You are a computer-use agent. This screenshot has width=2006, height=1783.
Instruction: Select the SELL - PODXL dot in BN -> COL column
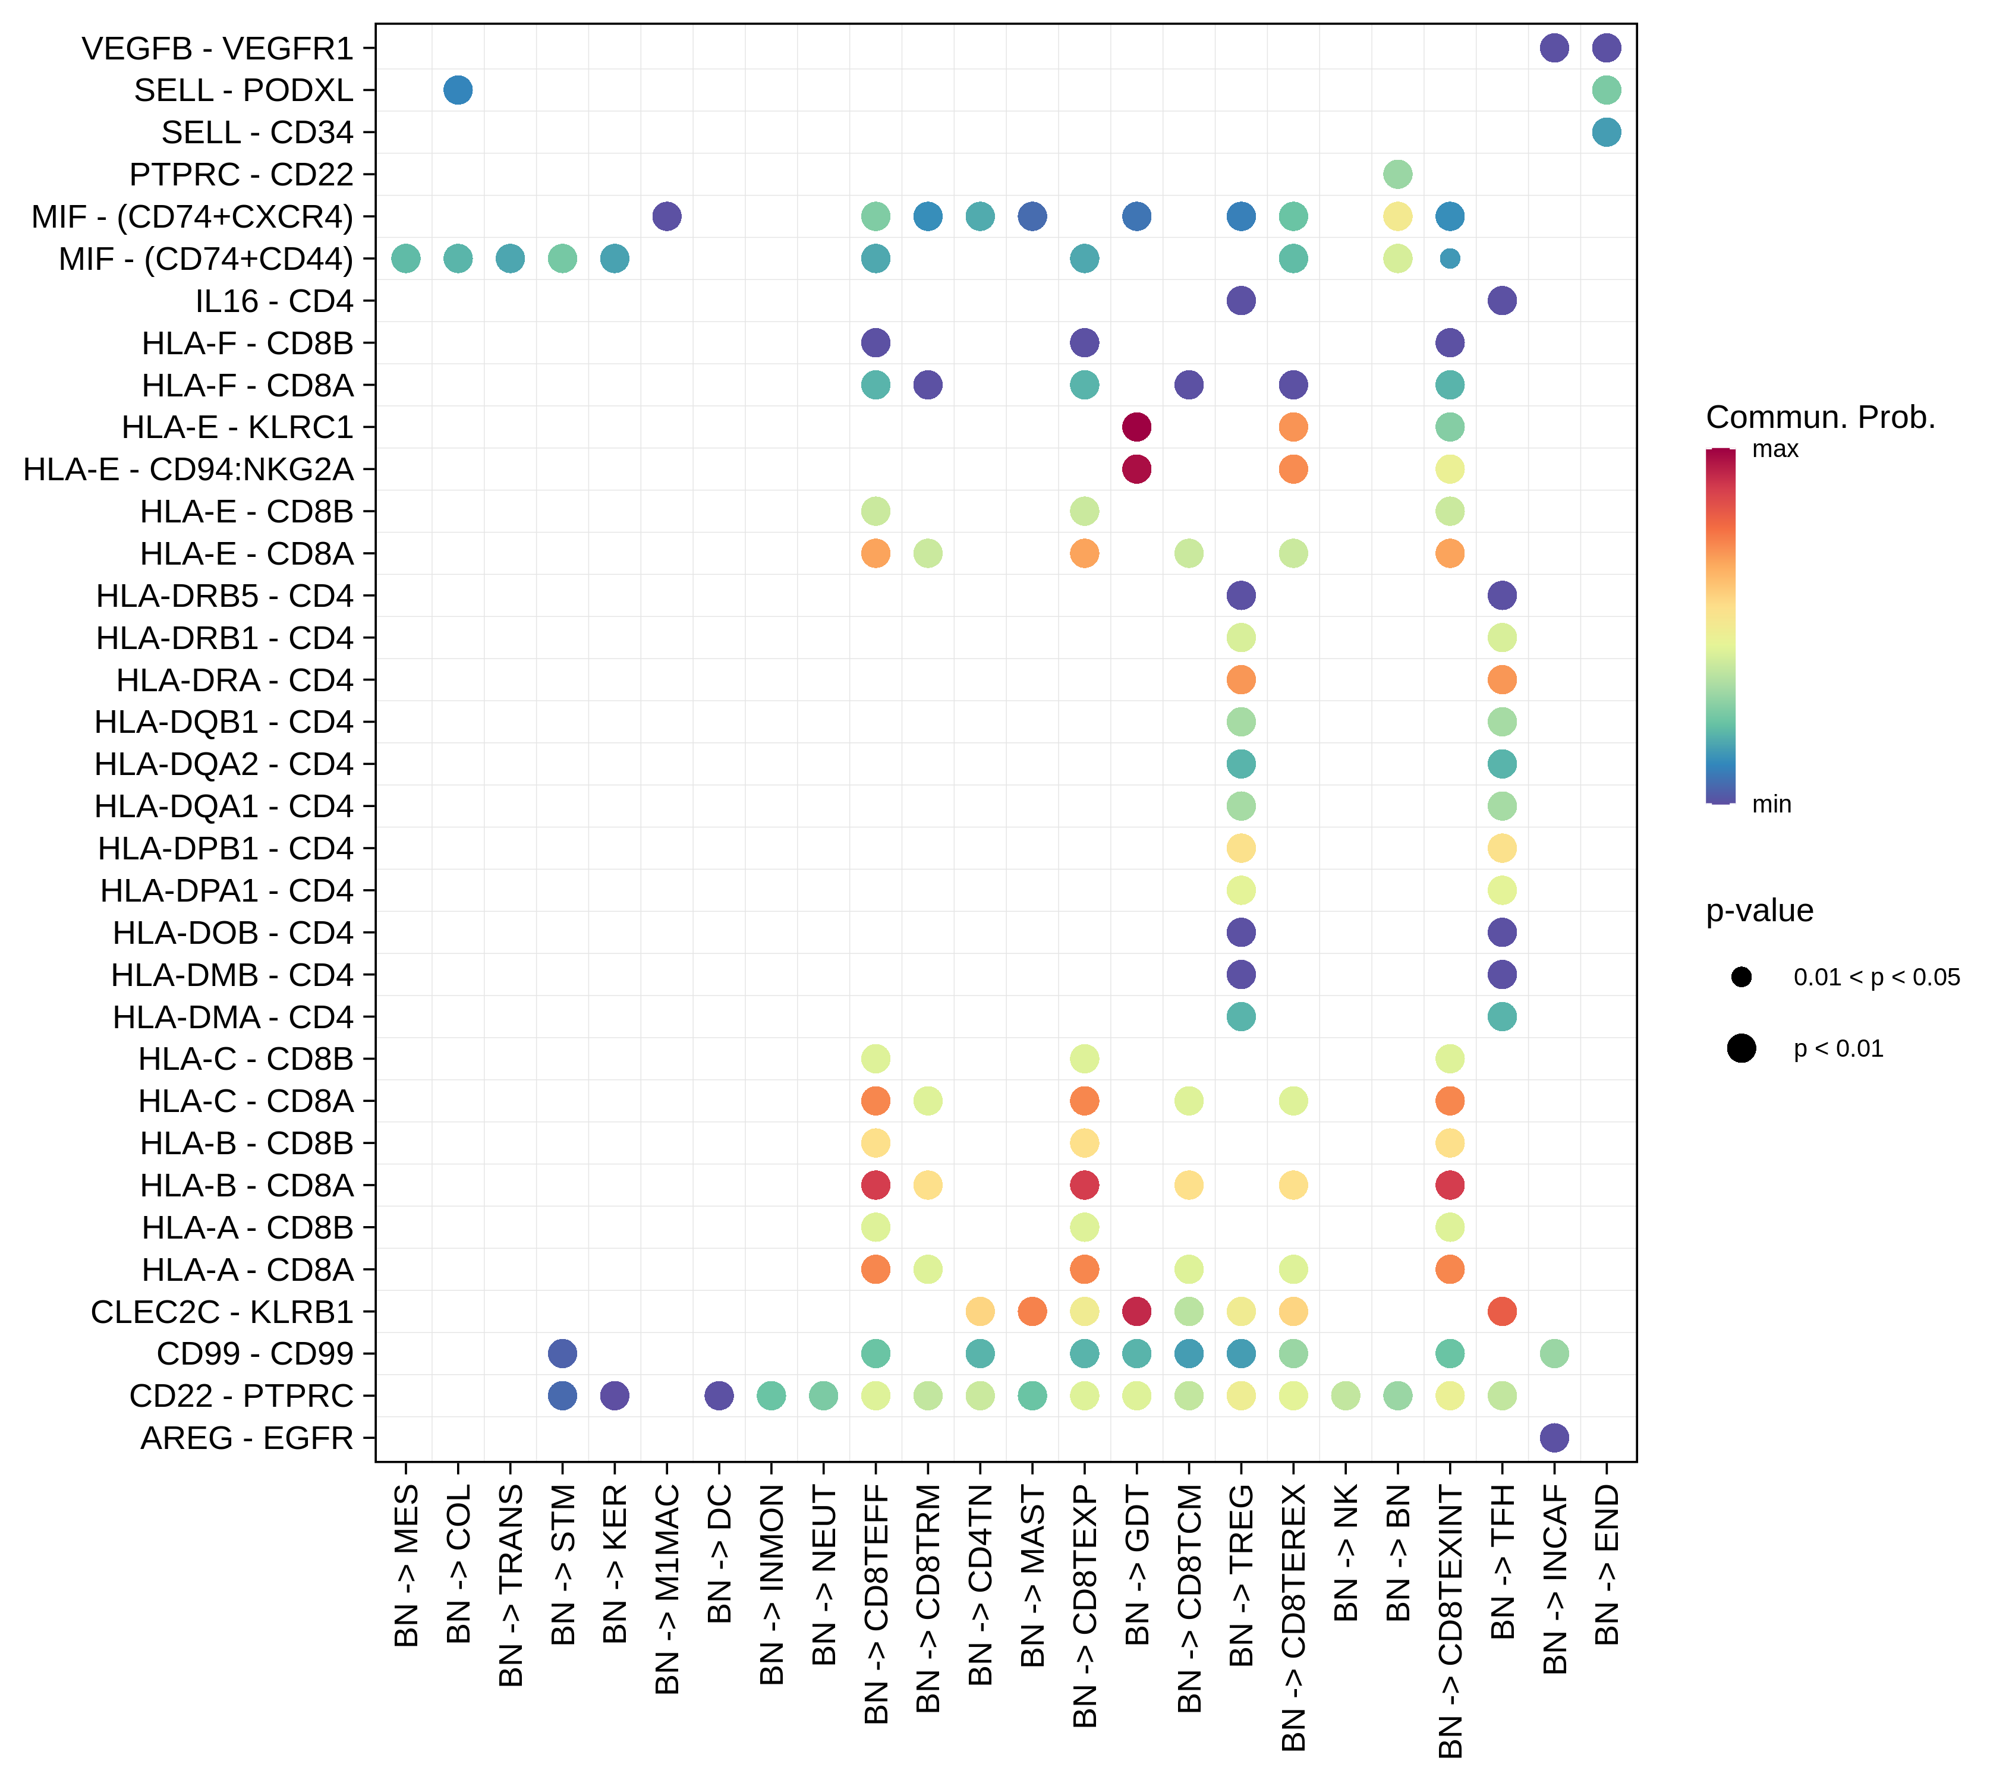point(457,90)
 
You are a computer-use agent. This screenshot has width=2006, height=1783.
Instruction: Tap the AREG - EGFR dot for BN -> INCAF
point(1554,1438)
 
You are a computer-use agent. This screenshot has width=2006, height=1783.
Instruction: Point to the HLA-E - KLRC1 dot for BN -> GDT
point(1136,427)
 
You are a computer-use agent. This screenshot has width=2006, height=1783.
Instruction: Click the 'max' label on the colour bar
point(1775,449)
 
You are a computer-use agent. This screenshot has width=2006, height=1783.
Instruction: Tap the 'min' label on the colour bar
point(1771,805)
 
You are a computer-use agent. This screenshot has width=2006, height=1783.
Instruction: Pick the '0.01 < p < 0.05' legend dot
point(1742,976)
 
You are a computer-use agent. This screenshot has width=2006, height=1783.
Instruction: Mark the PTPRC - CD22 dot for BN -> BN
point(1397,175)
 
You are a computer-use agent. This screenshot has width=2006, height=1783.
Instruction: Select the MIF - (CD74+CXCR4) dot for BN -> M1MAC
point(666,216)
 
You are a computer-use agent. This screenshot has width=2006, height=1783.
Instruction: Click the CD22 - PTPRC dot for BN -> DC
point(719,1395)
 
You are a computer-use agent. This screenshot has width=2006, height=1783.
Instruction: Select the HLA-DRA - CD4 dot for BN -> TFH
point(1501,679)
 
